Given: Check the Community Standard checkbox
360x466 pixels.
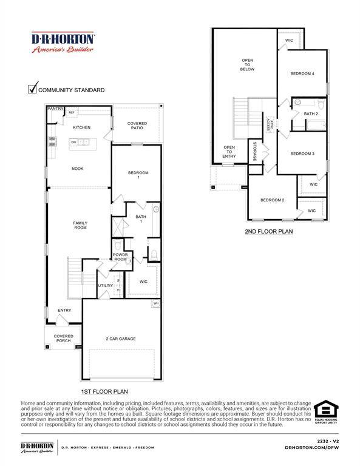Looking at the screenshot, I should click(x=33, y=89).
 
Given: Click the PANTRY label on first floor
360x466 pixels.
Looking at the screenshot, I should click(x=56, y=109).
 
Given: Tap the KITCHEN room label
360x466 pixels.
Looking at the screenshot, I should click(x=81, y=127).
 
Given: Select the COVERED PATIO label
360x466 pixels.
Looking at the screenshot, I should click(x=137, y=126).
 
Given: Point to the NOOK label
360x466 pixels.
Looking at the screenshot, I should click(x=78, y=169).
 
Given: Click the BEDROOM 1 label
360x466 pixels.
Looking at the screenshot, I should click(x=138, y=176).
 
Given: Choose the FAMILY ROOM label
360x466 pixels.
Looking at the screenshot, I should click(x=80, y=225).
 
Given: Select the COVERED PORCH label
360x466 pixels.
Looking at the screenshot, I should click(x=63, y=338).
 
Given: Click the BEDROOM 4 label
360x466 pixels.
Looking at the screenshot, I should click(x=302, y=73).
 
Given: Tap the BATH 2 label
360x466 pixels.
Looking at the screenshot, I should click(x=311, y=113).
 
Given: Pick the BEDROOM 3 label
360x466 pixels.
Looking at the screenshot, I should click(x=302, y=154).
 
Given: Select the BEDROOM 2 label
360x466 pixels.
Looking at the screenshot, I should click(x=273, y=200).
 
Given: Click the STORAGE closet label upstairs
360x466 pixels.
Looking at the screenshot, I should click(x=255, y=151).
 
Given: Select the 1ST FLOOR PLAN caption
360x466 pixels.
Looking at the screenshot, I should click(x=104, y=391).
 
